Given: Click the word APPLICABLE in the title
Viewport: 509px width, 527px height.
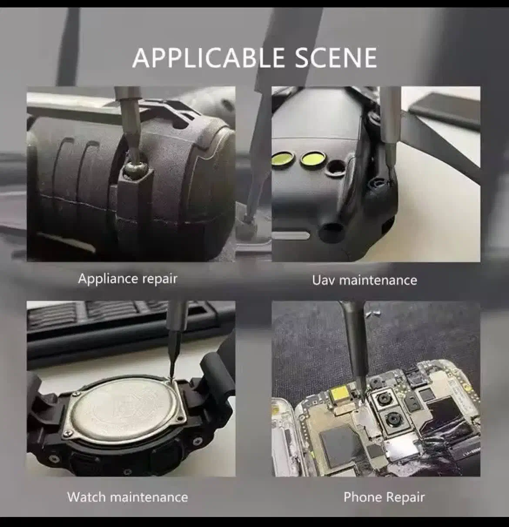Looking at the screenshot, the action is [x=208, y=57].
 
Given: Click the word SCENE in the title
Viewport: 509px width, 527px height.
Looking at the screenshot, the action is [x=336, y=57].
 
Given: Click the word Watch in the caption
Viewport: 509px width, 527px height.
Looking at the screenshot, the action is [x=86, y=497].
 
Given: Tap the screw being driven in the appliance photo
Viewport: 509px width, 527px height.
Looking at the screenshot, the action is [x=135, y=170].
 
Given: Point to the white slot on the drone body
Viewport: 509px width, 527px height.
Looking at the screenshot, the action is [x=291, y=235].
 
